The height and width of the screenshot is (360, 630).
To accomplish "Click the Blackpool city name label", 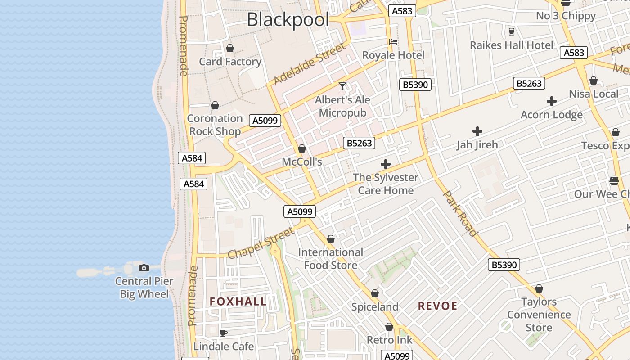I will pyautogui.click(x=288, y=20).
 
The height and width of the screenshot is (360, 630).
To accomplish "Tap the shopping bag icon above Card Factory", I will pyautogui.click(x=230, y=48).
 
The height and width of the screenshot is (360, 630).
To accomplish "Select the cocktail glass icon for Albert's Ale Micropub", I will pyautogui.click(x=342, y=86).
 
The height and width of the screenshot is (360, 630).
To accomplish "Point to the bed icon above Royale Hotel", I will pyautogui.click(x=393, y=42).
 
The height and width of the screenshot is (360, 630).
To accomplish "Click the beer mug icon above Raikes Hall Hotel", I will pyautogui.click(x=511, y=32).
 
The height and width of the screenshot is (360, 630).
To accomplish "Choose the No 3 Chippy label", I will pyautogui.click(x=566, y=16).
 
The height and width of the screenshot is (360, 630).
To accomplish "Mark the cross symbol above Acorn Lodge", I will pyautogui.click(x=552, y=101).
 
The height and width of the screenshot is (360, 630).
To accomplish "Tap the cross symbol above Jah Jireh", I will pyautogui.click(x=477, y=131).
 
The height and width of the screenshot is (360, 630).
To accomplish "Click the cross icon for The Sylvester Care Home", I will pyautogui.click(x=386, y=164).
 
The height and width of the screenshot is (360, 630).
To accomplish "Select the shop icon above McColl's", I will pyautogui.click(x=302, y=148).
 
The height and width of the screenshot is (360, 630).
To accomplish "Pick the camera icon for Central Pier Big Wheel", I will pyautogui.click(x=144, y=268).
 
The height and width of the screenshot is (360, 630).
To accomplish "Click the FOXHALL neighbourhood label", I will pyautogui.click(x=238, y=301).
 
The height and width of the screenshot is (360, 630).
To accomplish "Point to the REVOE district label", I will pyautogui.click(x=437, y=306).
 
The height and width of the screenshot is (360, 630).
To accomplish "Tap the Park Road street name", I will pyautogui.click(x=460, y=213).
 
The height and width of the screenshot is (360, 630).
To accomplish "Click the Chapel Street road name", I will pyautogui.click(x=261, y=243).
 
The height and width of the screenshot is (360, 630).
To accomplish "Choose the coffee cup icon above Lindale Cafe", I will pyautogui.click(x=223, y=333).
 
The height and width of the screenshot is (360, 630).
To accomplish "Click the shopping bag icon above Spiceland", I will pyautogui.click(x=375, y=294).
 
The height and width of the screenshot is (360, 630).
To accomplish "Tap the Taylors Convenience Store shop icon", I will pyautogui.click(x=539, y=288).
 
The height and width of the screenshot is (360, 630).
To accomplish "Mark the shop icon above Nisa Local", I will pyautogui.click(x=594, y=81).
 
